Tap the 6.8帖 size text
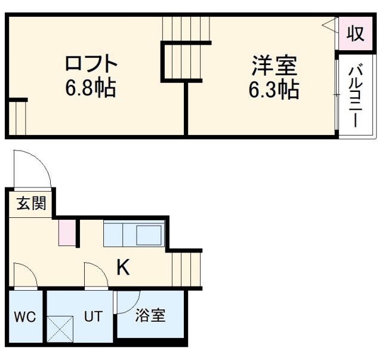click(91, 90)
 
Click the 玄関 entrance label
click(30, 204)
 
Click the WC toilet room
click(25, 316)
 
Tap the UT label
click(93, 316)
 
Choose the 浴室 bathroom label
click(150, 316)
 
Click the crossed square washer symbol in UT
click(60, 328)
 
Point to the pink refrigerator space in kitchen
click(67, 233)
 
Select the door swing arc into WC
click(25, 276)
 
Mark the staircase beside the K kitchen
click(187, 268)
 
